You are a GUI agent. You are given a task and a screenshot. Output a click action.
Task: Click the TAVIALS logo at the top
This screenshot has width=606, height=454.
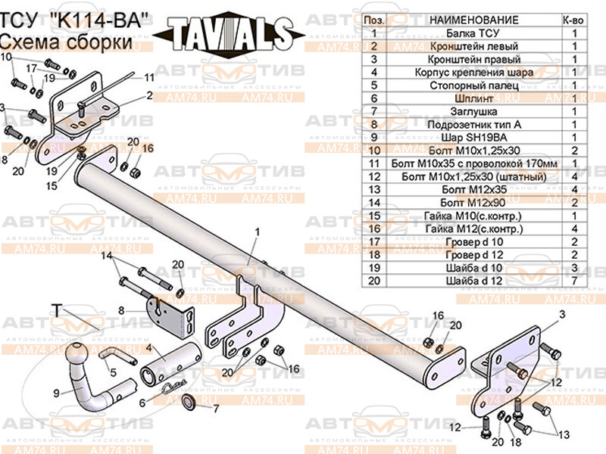(227, 33)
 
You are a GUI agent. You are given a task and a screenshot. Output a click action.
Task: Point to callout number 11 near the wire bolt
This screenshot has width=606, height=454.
(148, 77)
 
